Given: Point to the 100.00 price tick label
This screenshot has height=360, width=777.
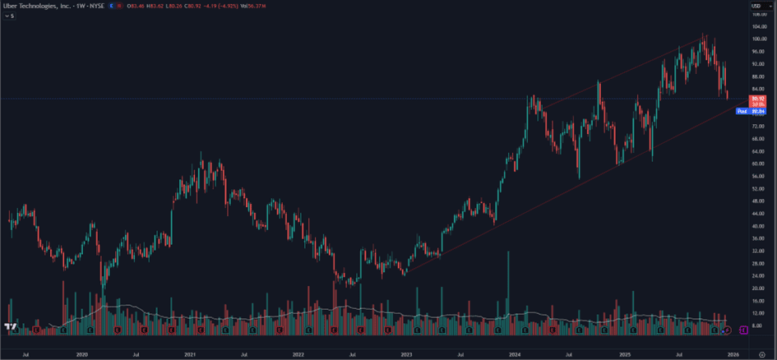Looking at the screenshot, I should (758, 39).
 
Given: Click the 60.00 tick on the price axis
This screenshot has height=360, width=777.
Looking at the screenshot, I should (758, 164).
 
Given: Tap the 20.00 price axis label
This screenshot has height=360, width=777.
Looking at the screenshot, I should (758, 288).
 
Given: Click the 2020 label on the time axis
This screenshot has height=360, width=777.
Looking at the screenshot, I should (81, 354).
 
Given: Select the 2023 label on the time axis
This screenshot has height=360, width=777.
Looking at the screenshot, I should (406, 354).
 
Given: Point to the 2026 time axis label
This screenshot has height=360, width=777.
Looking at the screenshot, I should (733, 354).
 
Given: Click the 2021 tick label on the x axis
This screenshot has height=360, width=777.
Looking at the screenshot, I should (190, 354).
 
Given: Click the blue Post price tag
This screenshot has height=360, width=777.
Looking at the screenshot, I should (742, 111).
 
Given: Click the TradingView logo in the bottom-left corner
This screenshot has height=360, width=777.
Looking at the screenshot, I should (11, 328).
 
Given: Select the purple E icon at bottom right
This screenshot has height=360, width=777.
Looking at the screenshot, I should (743, 330).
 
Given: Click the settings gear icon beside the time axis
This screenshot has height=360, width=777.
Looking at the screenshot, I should (762, 354).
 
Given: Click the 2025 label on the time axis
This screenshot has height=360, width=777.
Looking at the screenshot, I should (625, 354).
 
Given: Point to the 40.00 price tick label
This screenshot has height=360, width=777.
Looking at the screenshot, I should (758, 226).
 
